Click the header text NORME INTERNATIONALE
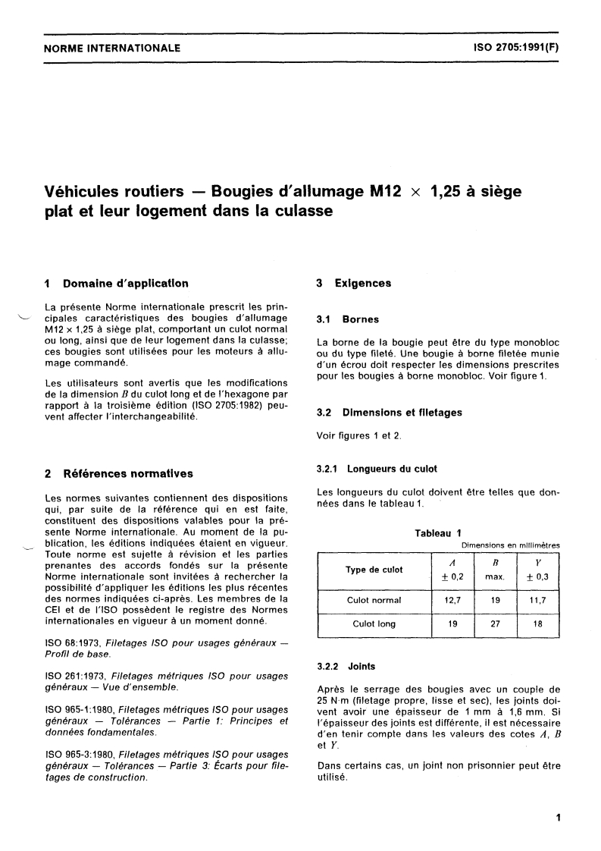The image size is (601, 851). point(112,48)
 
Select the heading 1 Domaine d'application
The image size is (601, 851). point(117,284)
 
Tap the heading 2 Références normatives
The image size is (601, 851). point(119,474)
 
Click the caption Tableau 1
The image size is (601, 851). point(437,533)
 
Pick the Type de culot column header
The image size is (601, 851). point(374,570)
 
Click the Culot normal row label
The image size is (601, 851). point(374,600)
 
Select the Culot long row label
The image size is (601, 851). point(374,624)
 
